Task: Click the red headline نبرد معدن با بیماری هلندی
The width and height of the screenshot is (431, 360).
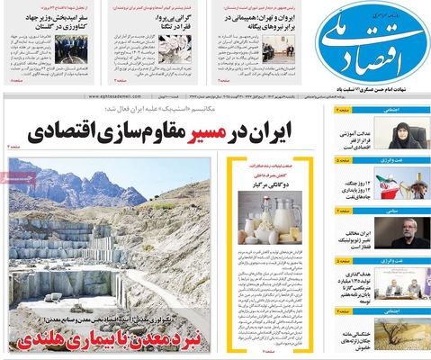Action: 108,340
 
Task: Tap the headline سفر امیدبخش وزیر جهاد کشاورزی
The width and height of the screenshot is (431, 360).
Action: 45,20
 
